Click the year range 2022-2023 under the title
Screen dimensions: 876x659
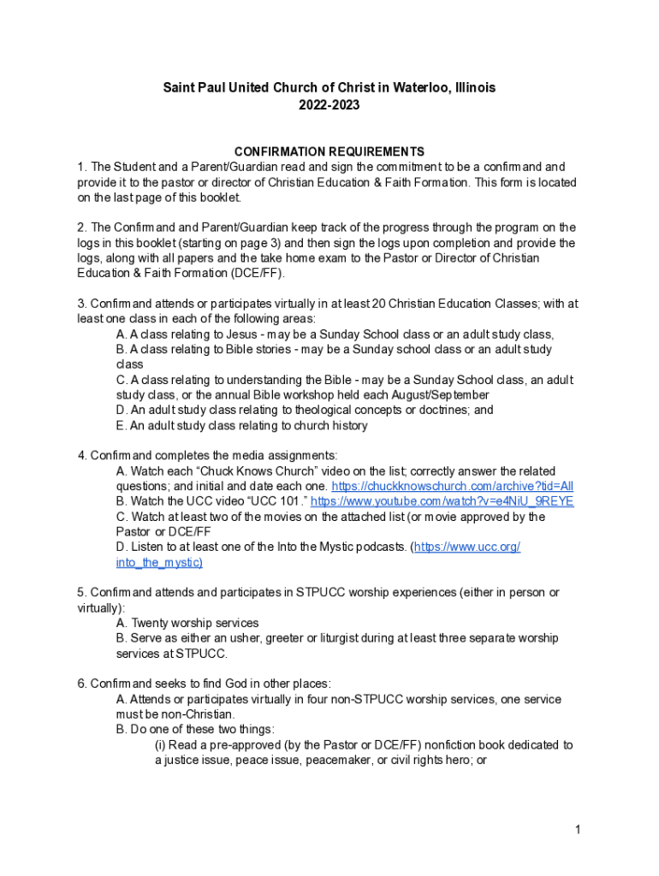coord(329,105)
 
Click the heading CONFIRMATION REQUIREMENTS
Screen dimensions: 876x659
coord(329,152)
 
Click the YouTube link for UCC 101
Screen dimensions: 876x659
coord(442,501)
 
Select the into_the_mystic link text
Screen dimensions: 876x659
coord(159,562)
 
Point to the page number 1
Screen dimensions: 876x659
coord(579,829)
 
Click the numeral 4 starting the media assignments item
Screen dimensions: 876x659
coord(80,455)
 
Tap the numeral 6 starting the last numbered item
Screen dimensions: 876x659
coord(80,684)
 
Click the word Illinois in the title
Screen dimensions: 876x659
coord(473,87)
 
